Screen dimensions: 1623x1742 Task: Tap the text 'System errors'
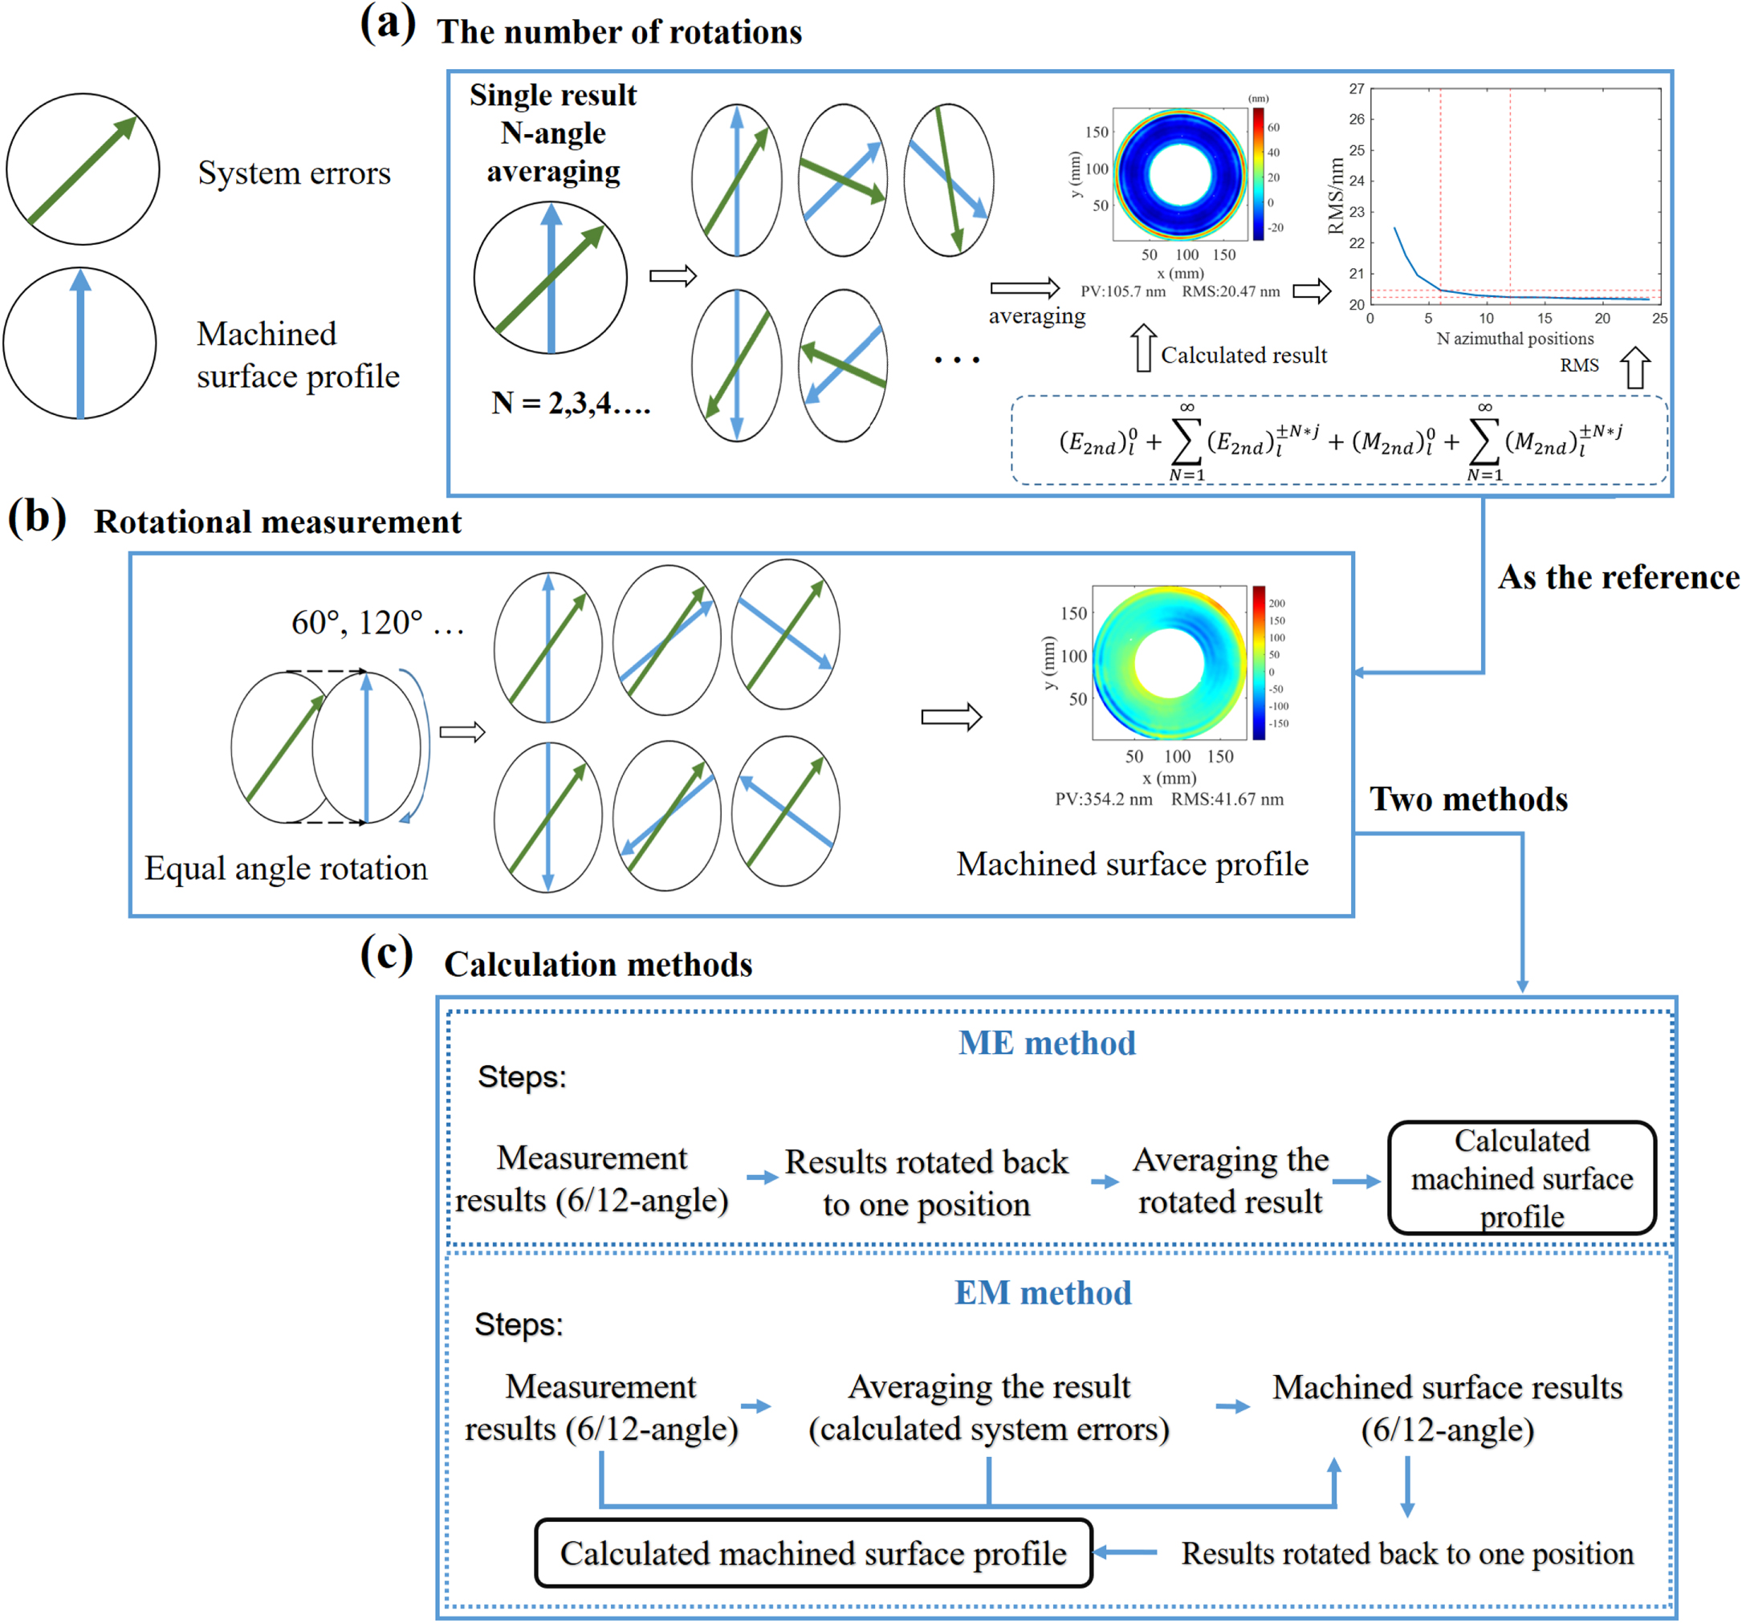(x=295, y=173)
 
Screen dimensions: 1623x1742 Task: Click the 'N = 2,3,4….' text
(x=571, y=403)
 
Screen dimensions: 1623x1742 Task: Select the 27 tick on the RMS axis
(x=1357, y=88)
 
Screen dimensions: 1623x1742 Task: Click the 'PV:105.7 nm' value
(x=1122, y=292)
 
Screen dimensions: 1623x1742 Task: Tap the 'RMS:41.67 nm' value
(x=1227, y=799)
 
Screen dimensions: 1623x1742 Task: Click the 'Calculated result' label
(x=1243, y=355)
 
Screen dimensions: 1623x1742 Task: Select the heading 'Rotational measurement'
(x=278, y=523)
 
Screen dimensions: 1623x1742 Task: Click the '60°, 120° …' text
(x=377, y=623)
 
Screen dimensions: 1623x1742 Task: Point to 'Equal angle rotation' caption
(x=286, y=868)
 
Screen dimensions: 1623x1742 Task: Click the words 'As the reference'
(x=1618, y=577)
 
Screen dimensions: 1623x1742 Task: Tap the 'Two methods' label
(x=1468, y=799)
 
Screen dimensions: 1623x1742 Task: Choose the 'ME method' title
(x=1046, y=1043)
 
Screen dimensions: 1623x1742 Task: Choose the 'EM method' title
(x=1043, y=1292)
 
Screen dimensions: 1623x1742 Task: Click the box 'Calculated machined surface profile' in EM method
(x=813, y=1554)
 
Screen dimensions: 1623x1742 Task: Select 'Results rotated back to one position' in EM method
(x=1406, y=1554)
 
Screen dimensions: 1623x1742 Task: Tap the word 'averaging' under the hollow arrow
(x=1036, y=315)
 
